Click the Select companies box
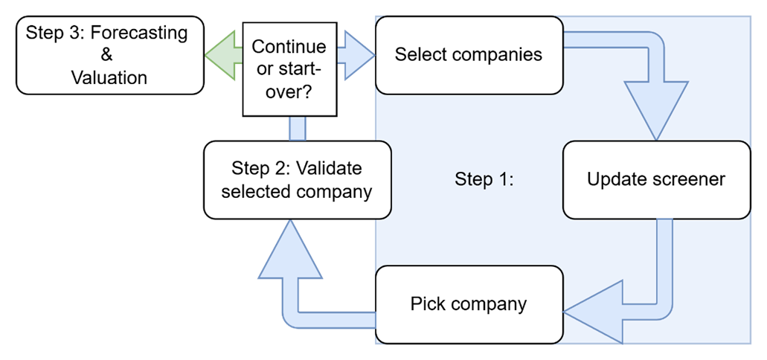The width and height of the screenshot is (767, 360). (469, 55)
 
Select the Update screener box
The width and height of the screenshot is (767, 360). (656, 179)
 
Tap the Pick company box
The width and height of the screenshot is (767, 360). (469, 303)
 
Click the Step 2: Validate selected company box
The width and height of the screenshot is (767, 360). (297, 179)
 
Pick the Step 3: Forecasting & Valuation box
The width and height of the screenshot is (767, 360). (109, 55)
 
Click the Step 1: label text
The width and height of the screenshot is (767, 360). (484, 180)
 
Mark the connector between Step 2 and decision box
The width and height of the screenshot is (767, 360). (297, 129)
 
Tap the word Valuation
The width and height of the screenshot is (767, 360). (109, 77)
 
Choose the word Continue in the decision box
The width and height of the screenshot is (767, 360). (289, 47)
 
